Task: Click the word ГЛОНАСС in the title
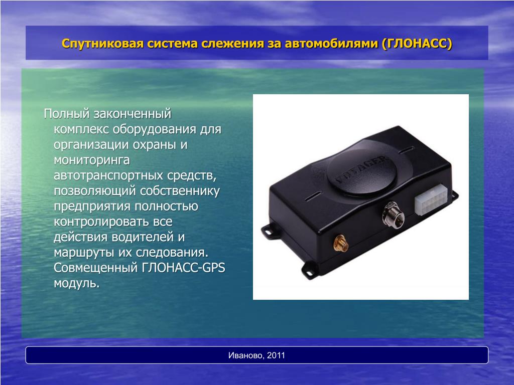tap(417, 44)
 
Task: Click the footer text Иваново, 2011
tap(256, 355)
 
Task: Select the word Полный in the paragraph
tap(67, 114)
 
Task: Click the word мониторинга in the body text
tap(92, 160)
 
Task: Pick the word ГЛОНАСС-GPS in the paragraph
tap(184, 268)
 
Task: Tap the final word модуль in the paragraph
tap(76, 283)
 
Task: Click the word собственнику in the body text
tap(180, 191)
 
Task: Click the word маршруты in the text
tap(84, 253)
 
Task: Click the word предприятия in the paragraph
tap(92, 206)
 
